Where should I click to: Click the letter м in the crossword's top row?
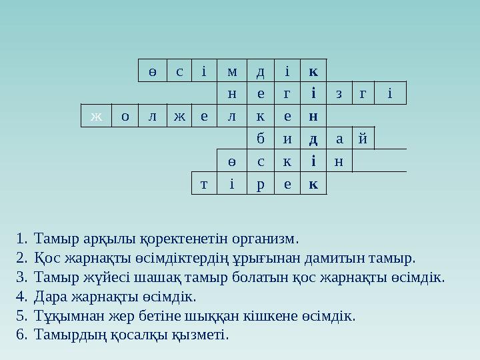pyautogui.click(x=231, y=71)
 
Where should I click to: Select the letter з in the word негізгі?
pyautogui.click(x=339, y=94)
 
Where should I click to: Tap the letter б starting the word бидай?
pyautogui.click(x=260, y=139)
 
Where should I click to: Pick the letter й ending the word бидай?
pyautogui.click(x=362, y=139)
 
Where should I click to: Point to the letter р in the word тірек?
pyautogui.click(x=260, y=184)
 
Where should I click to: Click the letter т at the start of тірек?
pyautogui.click(x=203, y=184)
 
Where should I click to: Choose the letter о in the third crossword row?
pyautogui.click(x=125, y=117)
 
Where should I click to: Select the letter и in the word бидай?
pyautogui.click(x=287, y=139)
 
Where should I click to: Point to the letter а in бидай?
pyautogui.click(x=339, y=139)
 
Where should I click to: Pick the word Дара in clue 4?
pyautogui.click(x=49, y=296)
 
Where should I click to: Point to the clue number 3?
pyautogui.click(x=22, y=277)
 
